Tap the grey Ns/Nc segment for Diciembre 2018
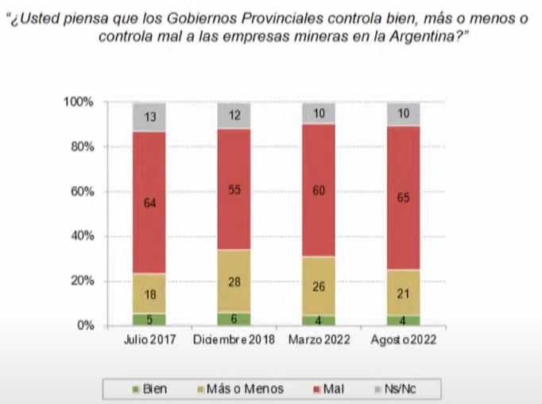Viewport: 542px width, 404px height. pos(234,116)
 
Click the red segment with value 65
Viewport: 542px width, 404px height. pos(404,198)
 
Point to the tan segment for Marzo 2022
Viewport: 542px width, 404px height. pos(319,286)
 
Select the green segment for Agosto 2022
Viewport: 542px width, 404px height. pos(404,320)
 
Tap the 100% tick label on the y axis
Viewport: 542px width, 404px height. pos(79,103)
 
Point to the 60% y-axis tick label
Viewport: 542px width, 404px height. pos(82,192)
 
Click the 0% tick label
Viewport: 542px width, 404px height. pos(86,325)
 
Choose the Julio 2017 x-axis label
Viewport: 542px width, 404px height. pos(149,340)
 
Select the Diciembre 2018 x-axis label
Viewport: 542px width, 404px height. pos(234,340)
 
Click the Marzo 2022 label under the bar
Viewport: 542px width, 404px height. pos(319,340)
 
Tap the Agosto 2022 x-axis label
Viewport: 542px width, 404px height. pos(404,340)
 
